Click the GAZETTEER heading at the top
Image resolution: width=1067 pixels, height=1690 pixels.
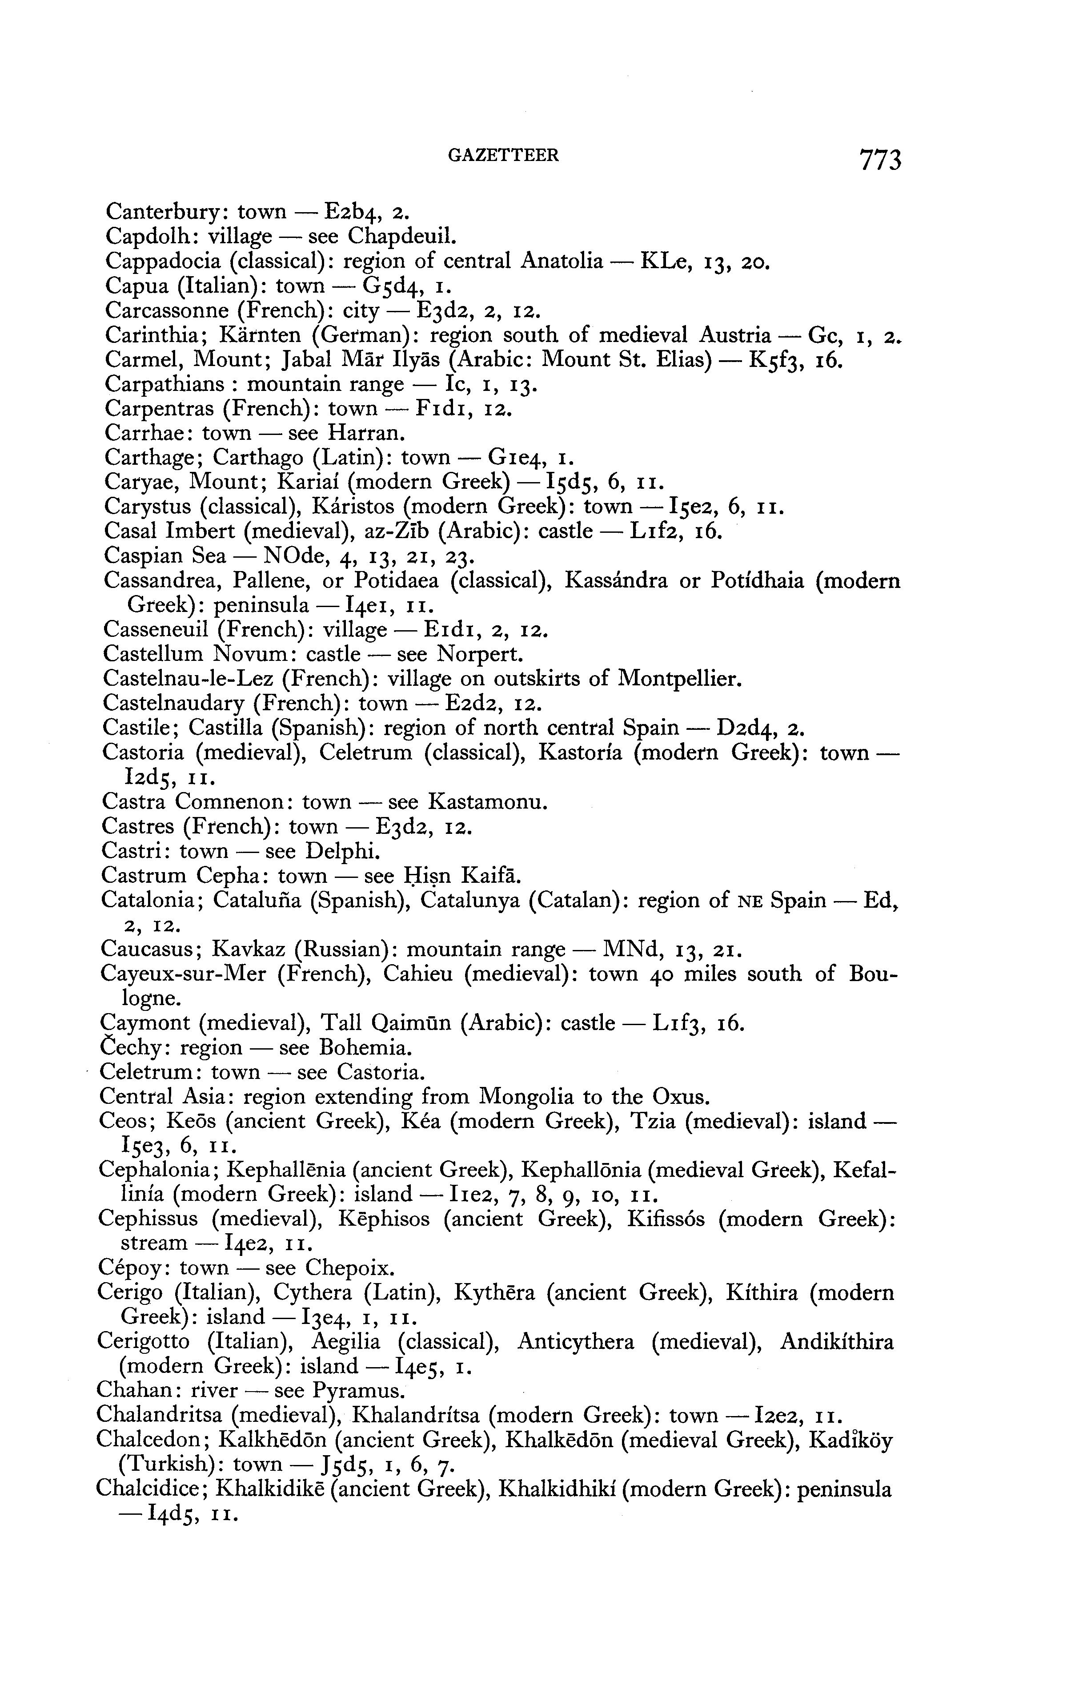pos(504,155)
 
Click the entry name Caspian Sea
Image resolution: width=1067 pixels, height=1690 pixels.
pos(165,556)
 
